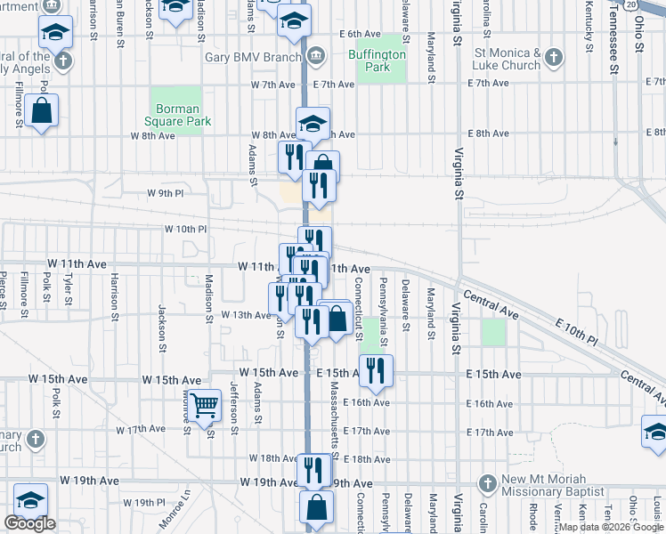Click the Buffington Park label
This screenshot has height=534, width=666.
(381, 61)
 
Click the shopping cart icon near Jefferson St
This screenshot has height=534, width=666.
(205, 406)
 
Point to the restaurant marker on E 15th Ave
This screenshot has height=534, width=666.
(375, 370)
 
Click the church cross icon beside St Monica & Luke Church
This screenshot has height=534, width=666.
(553, 59)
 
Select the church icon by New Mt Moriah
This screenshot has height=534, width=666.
(486, 484)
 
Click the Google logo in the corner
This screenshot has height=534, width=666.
(29, 523)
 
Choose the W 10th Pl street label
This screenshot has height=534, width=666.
(185, 229)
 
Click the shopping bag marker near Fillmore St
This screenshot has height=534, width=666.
(41, 110)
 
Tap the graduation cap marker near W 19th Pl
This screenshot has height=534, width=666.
(30, 498)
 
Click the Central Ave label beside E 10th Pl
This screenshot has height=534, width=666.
(491, 304)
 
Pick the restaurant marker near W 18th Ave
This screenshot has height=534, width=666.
(313, 469)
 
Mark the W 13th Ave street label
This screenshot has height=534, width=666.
(245, 315)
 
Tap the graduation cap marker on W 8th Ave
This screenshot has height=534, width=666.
(313, 124)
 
